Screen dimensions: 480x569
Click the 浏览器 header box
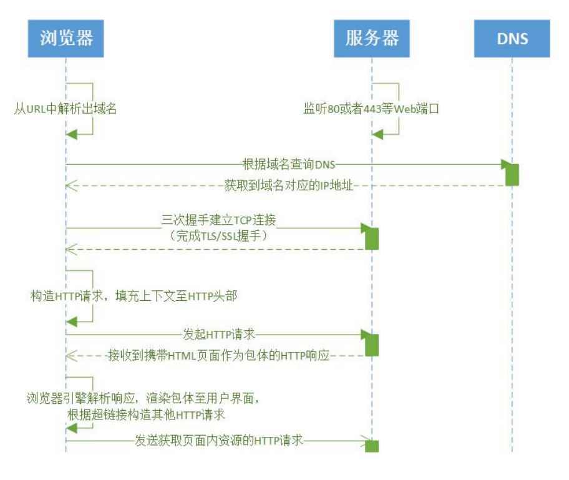[66, 38]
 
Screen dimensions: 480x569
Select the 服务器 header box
[372, 38]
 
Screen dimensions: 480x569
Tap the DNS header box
[512, 38]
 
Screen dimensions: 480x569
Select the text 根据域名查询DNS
[288, 165]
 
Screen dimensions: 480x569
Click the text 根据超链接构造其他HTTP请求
[147, 414]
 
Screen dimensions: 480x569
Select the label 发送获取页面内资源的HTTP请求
[219, 441]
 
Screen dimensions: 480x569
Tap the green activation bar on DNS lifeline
[512, 174]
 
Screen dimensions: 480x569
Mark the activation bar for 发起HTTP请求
[372, 345]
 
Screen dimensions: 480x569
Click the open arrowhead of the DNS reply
[71, 185]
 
